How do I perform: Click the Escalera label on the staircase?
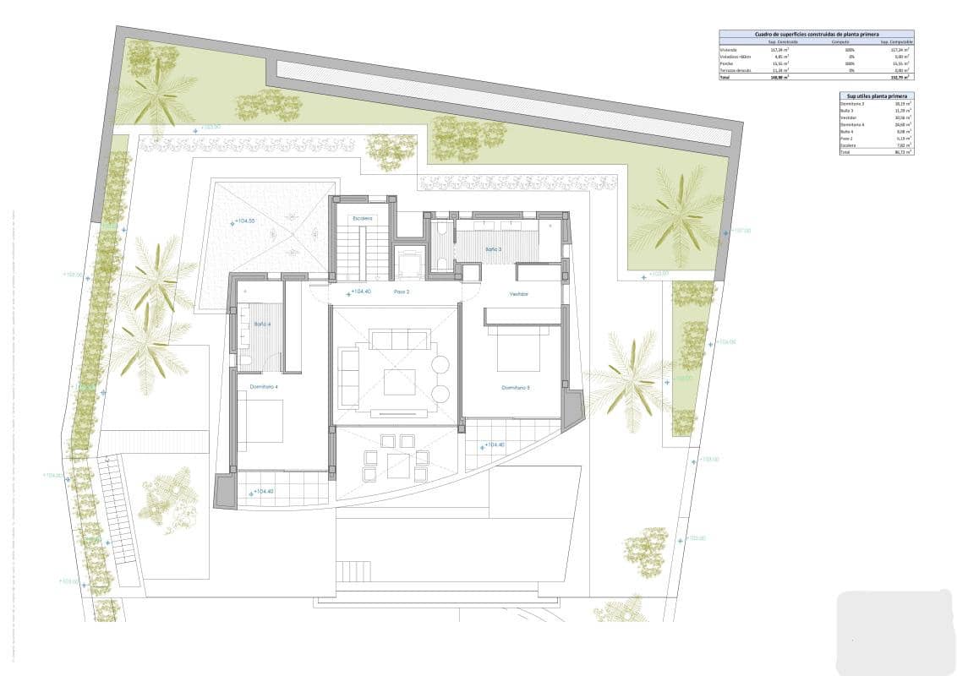(363, 218)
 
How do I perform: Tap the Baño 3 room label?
(493, 249)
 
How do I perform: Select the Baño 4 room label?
(251, 324)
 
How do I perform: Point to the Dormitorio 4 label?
(263, 386)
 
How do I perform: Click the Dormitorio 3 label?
(515, 387)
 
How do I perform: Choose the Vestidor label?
(518, 294)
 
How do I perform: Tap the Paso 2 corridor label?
(402, 292)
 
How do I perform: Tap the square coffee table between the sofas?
(399, 382)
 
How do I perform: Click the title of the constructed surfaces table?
(816, 35)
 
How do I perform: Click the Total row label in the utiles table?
(845, 152)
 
